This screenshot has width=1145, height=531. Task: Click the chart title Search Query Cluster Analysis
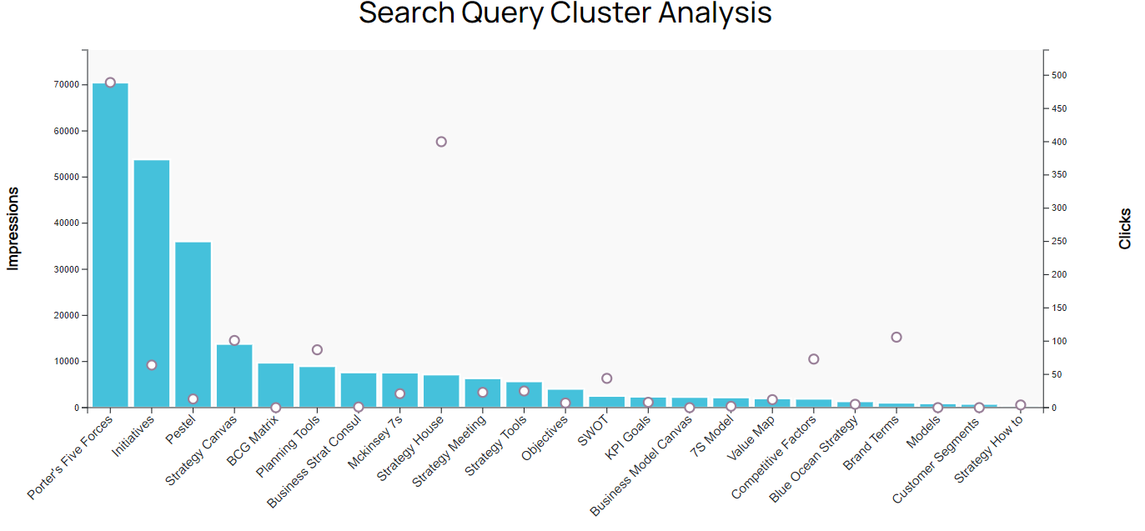(565, 13)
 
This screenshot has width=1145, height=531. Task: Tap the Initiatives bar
(152, 283)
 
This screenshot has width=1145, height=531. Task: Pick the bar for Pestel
(193, 324)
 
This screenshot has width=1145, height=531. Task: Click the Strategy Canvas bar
(234, 376)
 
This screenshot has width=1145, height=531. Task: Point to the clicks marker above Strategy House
(441, 142)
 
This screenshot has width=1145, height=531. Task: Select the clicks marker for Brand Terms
(896, 338)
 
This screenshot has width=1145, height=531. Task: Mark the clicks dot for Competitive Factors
(814, 359)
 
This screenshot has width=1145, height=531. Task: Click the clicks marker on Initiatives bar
(152, 365)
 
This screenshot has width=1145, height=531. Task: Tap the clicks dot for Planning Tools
(317, 350)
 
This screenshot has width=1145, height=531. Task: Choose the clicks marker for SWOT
(607, 378)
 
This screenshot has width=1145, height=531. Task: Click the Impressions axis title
(13, 228)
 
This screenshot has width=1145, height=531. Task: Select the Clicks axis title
(1125, 228)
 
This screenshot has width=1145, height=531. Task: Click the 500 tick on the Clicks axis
(1059, 76)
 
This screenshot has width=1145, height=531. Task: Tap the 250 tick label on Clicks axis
(1059, 242)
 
